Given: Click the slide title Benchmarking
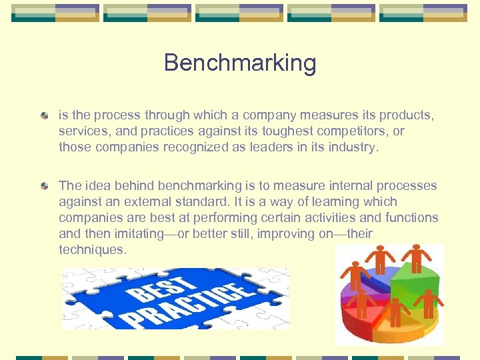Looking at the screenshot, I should point(240,63).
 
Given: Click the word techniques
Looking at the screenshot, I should point(91,249).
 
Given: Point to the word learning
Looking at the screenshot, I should point(340,201).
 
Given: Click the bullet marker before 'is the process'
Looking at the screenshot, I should point(44,116).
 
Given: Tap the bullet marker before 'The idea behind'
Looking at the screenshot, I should point(44,186).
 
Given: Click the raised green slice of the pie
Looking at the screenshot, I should point(413,280).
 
